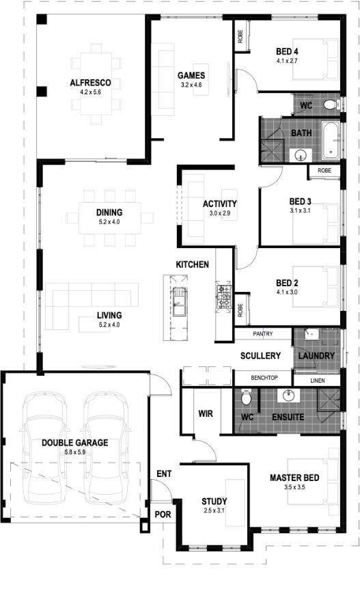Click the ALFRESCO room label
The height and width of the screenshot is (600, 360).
pos(90,83)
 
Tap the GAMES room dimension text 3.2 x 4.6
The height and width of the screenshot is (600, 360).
pos(191,85)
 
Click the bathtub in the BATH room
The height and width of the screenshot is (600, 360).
pos(330,140)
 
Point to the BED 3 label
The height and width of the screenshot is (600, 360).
pos(301,202)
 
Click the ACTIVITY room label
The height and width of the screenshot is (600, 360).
pos(219,204)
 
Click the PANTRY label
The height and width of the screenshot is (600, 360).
pos(263,333)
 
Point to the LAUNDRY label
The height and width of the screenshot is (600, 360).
pos(316,356)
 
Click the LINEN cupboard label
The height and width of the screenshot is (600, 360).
pos(318,381)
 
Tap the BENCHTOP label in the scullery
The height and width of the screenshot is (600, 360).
pos(264,378)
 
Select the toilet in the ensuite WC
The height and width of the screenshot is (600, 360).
pos(247,398)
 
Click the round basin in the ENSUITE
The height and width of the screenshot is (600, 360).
pos(288,395)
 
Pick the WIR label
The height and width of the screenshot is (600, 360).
pos(206,413)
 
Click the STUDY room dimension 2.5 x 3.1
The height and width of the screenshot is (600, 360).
pos(214,510)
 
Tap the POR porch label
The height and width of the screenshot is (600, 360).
pos(163,515)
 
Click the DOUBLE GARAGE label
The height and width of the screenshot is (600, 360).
pos(75,443)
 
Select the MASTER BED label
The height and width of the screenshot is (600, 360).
pos(294,478)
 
